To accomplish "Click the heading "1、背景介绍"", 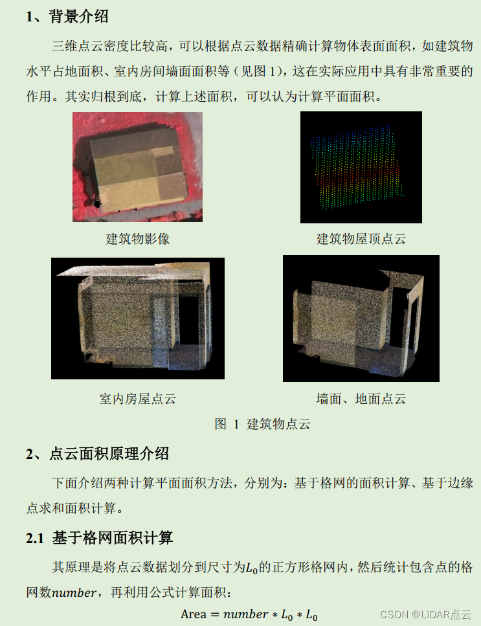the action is (x=67, y=16).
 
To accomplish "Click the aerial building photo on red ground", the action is (x=137, y=166).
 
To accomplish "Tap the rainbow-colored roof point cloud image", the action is (x=361, y=167).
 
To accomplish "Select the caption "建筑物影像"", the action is (x=138, y=239).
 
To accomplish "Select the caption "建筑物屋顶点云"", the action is (x=361, y=239).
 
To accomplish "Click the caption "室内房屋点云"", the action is (x=138, y=398).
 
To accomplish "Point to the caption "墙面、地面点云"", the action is (x=361, y=398).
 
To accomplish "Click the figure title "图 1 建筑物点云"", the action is (x=262, y=423).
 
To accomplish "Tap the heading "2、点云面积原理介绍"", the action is (x=97, y=454).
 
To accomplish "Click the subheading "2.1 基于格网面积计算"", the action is (x=100, y=538).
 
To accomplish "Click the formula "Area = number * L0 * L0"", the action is (x=249, y=614).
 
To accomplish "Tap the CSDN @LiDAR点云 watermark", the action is (x=425, y=614).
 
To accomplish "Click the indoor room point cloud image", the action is (x=138, y=319).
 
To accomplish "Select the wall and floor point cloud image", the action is (x=361, y=319).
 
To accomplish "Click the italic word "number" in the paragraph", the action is (x=74, y=592).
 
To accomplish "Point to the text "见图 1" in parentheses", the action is (x=259, y=71).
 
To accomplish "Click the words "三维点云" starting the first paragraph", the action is (x=78, y=46).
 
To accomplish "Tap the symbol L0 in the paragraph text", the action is (x=251, y=567).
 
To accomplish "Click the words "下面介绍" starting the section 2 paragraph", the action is (x=78, y=483).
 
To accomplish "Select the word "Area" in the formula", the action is (x=193, y=614).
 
